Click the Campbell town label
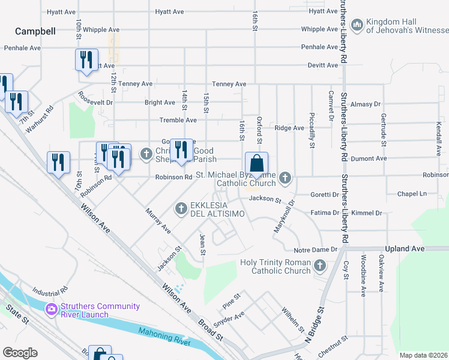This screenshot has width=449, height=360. [x=35, y=31]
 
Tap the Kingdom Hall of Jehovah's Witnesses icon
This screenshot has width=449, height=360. [x=357, y=25]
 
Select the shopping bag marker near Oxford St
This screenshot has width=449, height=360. [x=256, y=164]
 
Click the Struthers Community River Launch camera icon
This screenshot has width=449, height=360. [x=51, y=310]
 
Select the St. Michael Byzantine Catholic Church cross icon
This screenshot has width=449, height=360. [x=285, y=178]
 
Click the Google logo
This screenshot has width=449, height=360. [x=20, y=353]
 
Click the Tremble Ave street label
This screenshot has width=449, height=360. [x=178, y=120]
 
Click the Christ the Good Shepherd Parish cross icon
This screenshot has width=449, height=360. [x=146, y=154]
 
